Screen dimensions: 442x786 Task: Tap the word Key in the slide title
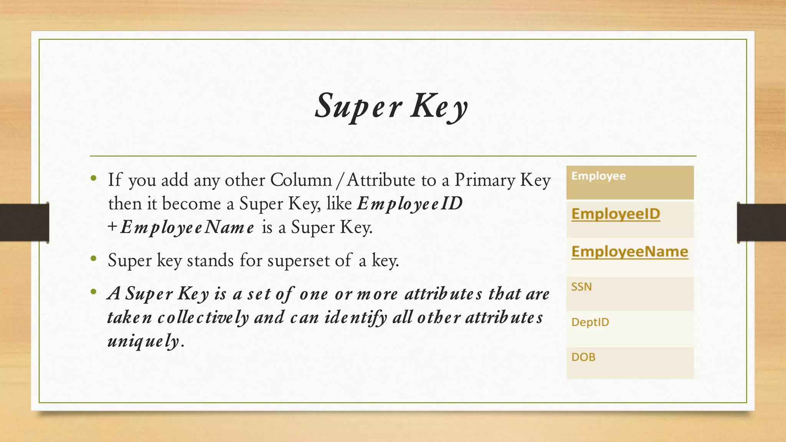point(440,106)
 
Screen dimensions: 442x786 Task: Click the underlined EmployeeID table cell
point(616,214)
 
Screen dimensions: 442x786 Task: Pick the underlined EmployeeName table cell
point(629,252)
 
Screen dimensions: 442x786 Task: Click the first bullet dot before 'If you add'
point(94,178)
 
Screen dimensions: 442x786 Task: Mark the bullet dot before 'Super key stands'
point(94,259)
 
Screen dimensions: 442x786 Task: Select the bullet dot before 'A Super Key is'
point(94,292)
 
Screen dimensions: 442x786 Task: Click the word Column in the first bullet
point(301,180)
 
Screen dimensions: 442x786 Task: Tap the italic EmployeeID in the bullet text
point(410,204)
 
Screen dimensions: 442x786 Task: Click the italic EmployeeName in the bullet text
point(187,228)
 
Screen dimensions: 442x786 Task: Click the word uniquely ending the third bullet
point(143,341)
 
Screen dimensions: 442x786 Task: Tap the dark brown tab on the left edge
point(24,223)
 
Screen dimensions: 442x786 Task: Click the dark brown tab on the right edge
point(761,223)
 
